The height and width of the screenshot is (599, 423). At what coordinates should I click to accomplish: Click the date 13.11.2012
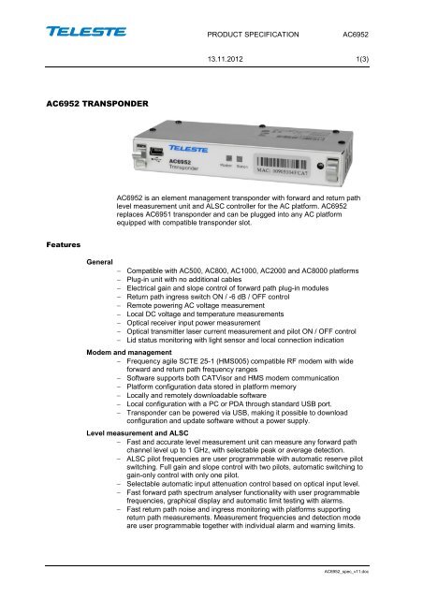pyautogui.click(x=254, y=60)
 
